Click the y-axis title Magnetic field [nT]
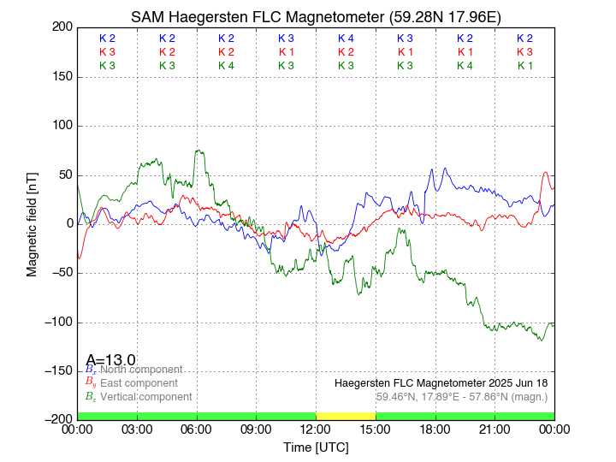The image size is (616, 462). click(x=33, y=222)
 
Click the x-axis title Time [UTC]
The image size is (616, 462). click(x=316, y=447)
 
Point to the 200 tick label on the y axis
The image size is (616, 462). click(x=61, y=27)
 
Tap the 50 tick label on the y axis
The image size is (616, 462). click(x=64, y=175)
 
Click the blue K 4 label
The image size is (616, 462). click(x=346, y=38)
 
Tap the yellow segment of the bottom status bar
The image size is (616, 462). click(x=346, y=416)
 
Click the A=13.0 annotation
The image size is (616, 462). click(x=110, y=360)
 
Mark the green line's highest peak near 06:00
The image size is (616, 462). click(x=198, y=151)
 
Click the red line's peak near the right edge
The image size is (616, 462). click(x=547, y=173)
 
